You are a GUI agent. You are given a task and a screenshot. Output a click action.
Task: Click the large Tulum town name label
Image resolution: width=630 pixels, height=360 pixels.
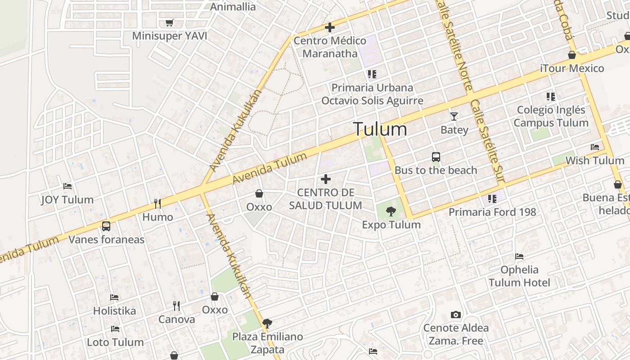(380, 130)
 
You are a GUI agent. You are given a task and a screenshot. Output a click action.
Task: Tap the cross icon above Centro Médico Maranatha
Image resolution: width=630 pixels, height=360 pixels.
(330, 27)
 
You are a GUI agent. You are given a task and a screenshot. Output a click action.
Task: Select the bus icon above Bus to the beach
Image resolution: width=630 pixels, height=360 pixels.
(436, 157)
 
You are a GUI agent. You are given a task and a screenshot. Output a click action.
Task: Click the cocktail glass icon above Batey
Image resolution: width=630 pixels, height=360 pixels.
(454, 116)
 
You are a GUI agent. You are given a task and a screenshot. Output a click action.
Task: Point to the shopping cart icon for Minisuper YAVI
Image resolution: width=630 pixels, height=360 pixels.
(169, 22)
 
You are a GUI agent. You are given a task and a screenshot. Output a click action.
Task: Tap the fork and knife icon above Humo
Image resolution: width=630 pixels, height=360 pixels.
(157, 204)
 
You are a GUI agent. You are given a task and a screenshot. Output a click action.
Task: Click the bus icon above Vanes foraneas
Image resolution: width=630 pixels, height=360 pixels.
(106, 226)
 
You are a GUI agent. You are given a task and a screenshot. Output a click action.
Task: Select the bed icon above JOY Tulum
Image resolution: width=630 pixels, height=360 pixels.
(67, 186)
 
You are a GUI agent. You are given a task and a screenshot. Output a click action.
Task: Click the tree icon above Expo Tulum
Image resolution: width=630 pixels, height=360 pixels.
(391, 211)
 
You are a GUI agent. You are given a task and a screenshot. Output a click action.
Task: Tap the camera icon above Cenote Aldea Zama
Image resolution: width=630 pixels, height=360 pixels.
(456, 315)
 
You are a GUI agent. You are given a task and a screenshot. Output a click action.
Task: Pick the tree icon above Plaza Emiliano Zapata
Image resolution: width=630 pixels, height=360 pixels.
(267, 323)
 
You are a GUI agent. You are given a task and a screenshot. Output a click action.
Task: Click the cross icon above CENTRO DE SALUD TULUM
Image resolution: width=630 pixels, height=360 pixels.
(326, 180)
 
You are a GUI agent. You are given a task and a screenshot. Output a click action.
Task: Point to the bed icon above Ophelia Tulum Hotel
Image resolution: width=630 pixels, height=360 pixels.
(519, 256)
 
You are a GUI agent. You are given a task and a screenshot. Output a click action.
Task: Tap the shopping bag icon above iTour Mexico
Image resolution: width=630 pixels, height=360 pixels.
(571, 55)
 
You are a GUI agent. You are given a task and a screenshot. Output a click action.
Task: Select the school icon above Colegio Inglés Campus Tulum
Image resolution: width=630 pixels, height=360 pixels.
(550, 96)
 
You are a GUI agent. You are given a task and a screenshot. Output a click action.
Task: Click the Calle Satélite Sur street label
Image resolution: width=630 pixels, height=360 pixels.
(487, 142)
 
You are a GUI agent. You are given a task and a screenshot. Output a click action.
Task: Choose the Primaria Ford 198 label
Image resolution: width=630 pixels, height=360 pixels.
(492, 212)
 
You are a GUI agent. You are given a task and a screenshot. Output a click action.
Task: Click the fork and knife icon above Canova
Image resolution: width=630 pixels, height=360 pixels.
(176, 306)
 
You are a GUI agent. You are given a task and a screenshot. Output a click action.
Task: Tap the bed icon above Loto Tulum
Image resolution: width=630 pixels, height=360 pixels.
(115, 329)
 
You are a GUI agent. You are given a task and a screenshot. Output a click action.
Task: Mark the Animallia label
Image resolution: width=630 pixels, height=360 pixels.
(233, 7)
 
